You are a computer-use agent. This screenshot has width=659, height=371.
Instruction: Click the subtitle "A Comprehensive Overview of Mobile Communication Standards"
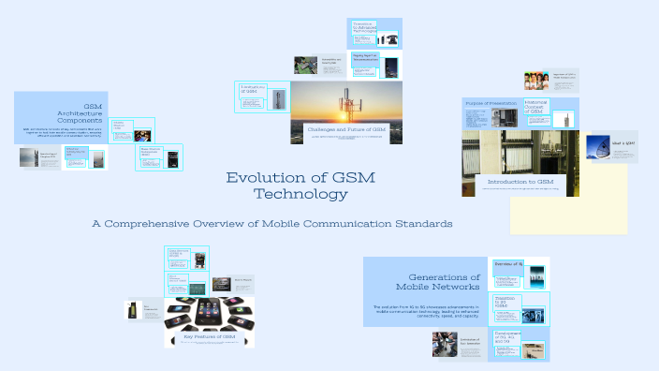(271, 224)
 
